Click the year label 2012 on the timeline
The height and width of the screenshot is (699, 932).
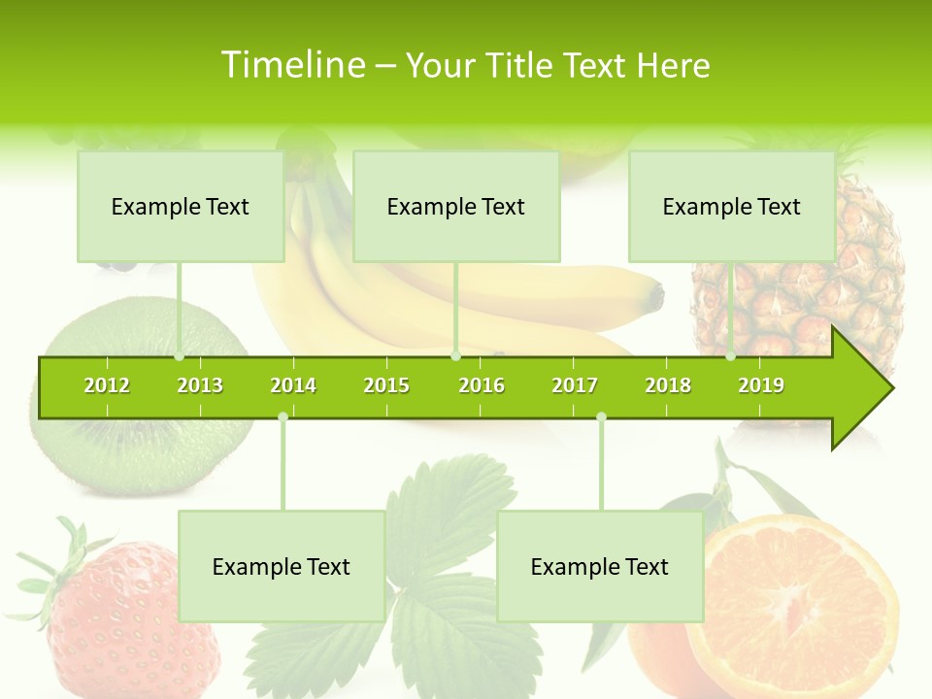107,385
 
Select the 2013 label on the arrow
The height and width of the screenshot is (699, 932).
200,385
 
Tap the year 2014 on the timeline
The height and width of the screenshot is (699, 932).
293,385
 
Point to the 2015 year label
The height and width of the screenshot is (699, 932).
386,385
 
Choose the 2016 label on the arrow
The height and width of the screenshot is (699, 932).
482,385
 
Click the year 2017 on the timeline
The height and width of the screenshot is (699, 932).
575,385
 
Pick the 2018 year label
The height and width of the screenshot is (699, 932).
668,385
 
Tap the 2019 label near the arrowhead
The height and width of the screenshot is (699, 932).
761,385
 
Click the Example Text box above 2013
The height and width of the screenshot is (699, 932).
181,207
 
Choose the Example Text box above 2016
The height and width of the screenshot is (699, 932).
456,207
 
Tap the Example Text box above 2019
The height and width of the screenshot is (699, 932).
732,207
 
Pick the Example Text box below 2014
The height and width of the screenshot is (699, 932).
282,566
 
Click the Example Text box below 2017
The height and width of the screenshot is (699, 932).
600,566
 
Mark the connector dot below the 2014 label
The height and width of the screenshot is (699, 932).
283,417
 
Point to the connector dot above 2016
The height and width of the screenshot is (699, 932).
456,356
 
